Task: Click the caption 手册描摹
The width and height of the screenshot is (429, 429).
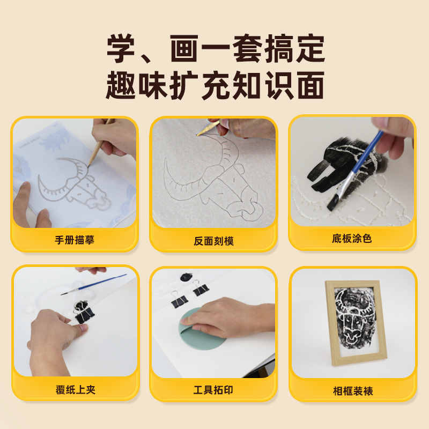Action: (75, 240)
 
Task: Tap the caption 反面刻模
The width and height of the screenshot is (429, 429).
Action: (213, 241)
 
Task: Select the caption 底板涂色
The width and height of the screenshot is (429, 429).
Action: (352, 239)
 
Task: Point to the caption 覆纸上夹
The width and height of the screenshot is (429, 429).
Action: (76, 390)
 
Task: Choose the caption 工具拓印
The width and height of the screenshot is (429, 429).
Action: (213, 390)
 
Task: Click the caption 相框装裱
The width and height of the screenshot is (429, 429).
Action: (353, 391)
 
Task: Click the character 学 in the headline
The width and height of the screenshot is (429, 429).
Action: (121, 49)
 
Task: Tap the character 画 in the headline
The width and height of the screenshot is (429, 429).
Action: (184, 49)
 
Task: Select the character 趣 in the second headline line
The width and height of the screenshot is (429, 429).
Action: (121, 85)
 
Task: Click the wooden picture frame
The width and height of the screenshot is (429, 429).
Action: (356, 323)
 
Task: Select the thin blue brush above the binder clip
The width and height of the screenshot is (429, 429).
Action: (93, 285)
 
